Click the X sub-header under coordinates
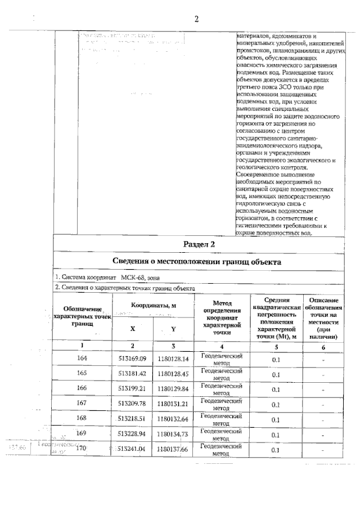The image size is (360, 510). pos(132,329)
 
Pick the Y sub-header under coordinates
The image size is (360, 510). pos(173,329)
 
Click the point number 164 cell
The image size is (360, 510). pos(82,359)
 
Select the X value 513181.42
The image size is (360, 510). pos(132,374)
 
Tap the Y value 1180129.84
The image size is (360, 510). pos(173,389)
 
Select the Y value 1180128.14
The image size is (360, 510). pos(173,359)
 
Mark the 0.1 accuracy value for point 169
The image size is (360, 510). pos(276,435)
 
